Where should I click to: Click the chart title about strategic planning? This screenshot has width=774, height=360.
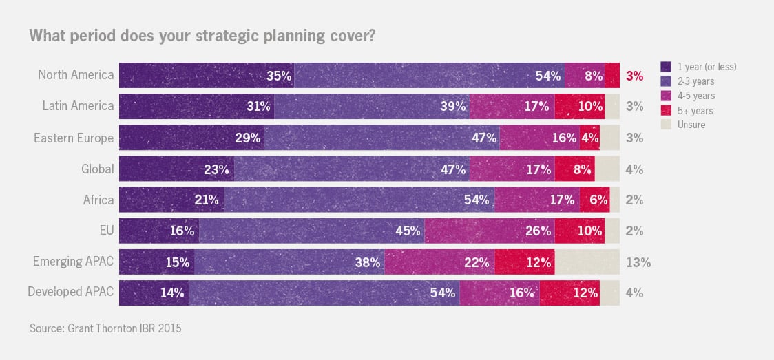(202, 35)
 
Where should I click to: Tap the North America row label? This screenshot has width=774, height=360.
(76, 75)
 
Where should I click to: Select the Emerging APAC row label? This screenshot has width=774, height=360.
(73, 262)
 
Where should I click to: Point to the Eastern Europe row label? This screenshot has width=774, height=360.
(74, 138)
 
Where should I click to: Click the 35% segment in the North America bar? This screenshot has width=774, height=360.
(207, 75)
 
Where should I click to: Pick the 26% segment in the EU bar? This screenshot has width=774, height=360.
(490, 231)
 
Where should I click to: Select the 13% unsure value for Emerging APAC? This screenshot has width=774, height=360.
(638, 262)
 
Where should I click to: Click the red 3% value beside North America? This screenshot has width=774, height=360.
(634, 76)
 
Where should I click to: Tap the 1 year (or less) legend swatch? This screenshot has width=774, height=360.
(666, 67)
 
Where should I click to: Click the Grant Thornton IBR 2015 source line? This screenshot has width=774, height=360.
(105, 328)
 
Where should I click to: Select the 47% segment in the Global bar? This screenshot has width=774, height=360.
(351, 169)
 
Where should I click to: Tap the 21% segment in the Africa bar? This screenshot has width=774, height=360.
(171, 200)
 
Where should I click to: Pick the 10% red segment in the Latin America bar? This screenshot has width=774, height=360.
(579, 106)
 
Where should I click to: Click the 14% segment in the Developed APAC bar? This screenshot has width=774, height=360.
(154, 293)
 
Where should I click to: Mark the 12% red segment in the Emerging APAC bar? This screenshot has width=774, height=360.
(525, 262)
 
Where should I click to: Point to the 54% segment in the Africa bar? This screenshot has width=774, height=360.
(359, 200)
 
